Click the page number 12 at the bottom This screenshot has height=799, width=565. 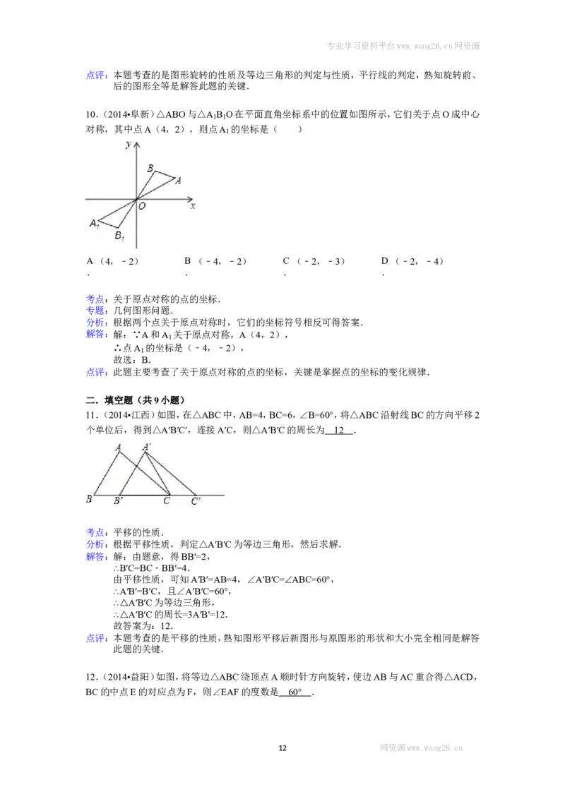coord(282,747)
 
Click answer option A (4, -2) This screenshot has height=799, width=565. coord(113,261)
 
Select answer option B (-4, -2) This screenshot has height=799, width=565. coord(215,261)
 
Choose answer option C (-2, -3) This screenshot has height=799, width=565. coord(314,261)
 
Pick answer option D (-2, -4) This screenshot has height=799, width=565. coord(412,261)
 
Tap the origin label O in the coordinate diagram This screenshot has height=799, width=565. coord(142,206)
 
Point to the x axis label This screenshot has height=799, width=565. coord(193,206)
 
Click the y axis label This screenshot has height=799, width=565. coord(128,145)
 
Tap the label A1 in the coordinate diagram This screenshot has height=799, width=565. coord(94,223)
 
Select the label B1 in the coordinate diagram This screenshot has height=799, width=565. coord(119,236)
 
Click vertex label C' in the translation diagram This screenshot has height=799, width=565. coord(196,501)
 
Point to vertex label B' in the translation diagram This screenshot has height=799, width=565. coord(118,501)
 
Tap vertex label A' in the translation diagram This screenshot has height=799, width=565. coord(146,447)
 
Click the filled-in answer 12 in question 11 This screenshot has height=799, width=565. coord(338,430)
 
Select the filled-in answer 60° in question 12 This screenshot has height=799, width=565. coord(295,692)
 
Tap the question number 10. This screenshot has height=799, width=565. coord(92,114)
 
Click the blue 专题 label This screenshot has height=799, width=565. coord(95,311)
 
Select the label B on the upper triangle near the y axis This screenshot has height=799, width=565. coord(150,168)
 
